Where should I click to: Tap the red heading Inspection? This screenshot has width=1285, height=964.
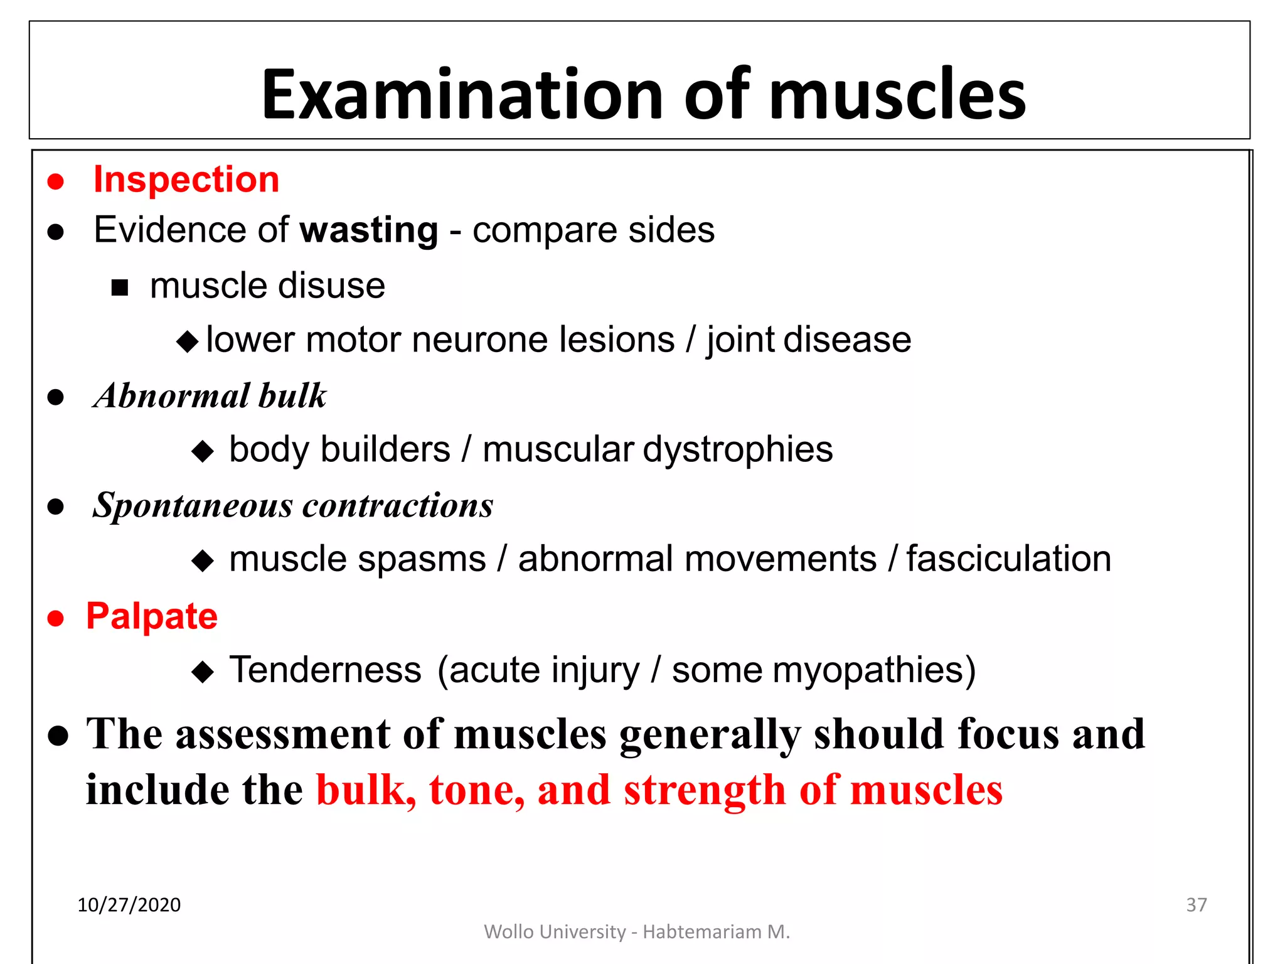186,179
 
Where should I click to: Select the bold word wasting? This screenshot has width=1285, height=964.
368,230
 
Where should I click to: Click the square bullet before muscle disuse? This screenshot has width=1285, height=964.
119,287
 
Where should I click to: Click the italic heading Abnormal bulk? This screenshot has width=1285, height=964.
210,396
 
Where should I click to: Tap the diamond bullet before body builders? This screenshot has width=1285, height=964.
202,451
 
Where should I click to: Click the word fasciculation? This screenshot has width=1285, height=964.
1008,559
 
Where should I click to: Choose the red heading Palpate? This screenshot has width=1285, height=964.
152,616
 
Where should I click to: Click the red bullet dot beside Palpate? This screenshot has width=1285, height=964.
56,618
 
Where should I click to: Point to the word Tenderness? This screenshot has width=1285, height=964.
325,670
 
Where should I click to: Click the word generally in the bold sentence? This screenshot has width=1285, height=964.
710,734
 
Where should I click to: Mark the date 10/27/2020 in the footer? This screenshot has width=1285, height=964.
129,904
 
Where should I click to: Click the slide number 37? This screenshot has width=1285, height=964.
1196,904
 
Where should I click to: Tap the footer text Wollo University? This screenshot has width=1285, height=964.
555,932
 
